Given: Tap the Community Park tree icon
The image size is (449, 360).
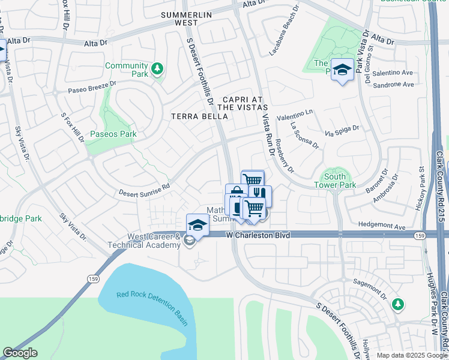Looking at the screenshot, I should point(157,69).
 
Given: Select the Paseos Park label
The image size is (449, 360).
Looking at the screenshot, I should point(113,134).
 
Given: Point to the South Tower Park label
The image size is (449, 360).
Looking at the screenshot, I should point(334,181).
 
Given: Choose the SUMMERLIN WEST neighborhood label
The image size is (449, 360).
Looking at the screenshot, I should point(178,18).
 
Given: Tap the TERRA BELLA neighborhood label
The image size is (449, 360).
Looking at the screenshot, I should point(199,116).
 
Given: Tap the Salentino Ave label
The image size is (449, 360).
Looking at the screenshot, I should point(393,73).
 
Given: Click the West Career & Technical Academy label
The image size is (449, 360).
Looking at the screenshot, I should point(144,241).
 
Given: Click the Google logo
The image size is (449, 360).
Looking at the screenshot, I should point(20,353).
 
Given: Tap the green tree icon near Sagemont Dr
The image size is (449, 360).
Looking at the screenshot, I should point(397,305).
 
